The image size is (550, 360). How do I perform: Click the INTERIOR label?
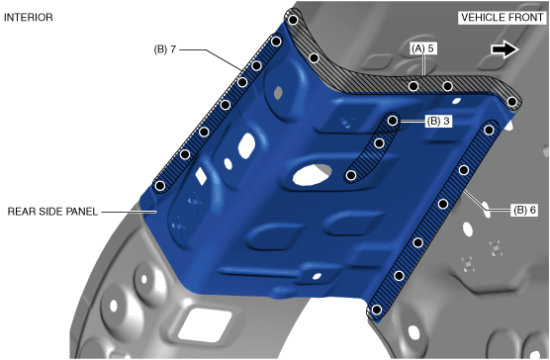pyautogui.click(x=29, y=17)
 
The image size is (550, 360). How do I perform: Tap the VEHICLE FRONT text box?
pyautogui.click(x=503, y=18)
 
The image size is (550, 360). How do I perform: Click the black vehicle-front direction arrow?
pyautogui.click(x=504, y=49)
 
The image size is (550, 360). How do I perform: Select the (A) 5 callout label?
pyautogui.click(x=423, y=48)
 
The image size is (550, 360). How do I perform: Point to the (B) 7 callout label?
pyautogui.click(x=165, y=49)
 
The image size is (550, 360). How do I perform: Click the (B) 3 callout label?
pyautogui.click(x=438, y=121)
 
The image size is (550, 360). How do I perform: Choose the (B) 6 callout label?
pyautogui.click(x=524, y=210)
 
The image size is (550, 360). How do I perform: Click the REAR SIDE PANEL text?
pyautogui.click(x=52, y=212)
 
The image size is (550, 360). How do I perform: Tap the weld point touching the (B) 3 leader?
pyautogui.click(x=393, y=121)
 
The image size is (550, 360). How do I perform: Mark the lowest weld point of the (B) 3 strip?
pyautogui.click(x=351, y=175)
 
